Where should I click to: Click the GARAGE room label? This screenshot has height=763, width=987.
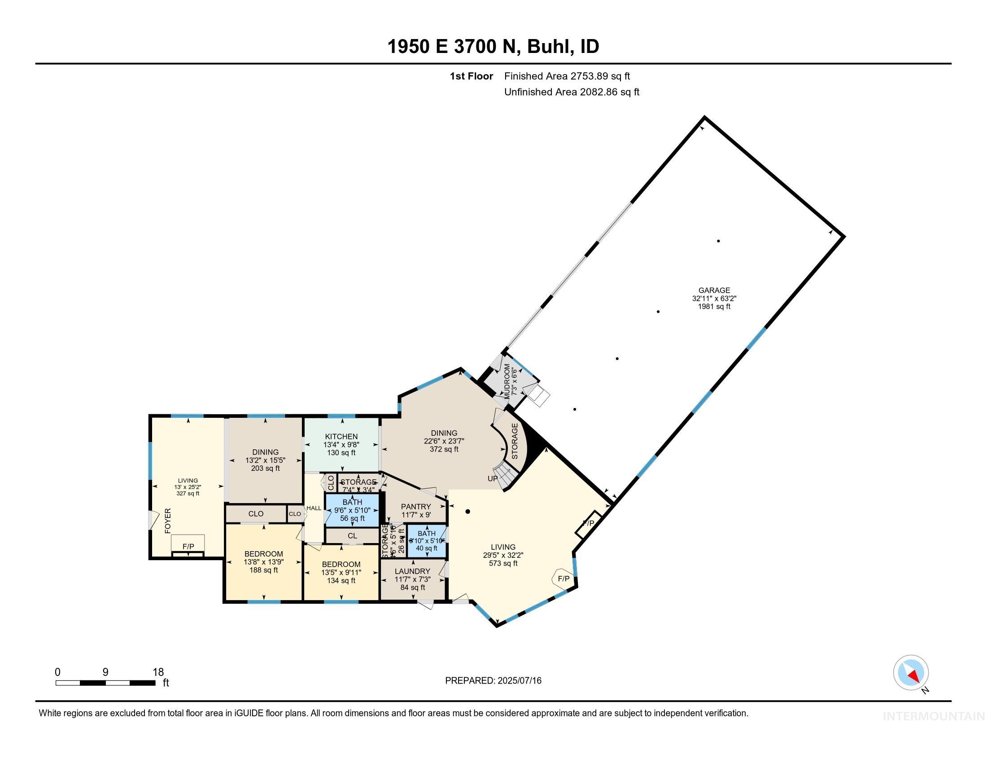point(714,291)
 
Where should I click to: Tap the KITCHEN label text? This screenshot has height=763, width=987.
point(341,437)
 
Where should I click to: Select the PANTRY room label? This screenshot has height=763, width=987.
point(416,507)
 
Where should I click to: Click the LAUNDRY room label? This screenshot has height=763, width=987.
point(412,571)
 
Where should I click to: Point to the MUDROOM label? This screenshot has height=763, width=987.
point(507,380)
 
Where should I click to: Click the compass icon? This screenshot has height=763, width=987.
point(911,673)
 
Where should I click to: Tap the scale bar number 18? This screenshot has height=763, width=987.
point(158,672)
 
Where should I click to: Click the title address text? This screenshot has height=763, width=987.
point(493,47)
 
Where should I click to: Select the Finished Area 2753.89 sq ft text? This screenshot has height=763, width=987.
point(567,76)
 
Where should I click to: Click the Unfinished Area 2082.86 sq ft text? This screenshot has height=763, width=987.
point(571,92)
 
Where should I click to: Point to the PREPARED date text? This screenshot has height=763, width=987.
point(493,681)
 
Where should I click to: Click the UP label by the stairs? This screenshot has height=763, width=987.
point(492,479)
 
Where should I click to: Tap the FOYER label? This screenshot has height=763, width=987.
point(168,521)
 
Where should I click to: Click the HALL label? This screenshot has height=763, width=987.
point(314,508)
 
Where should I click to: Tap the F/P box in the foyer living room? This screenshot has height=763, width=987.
point(188,547)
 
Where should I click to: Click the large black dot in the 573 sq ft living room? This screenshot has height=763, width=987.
point(468,512)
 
